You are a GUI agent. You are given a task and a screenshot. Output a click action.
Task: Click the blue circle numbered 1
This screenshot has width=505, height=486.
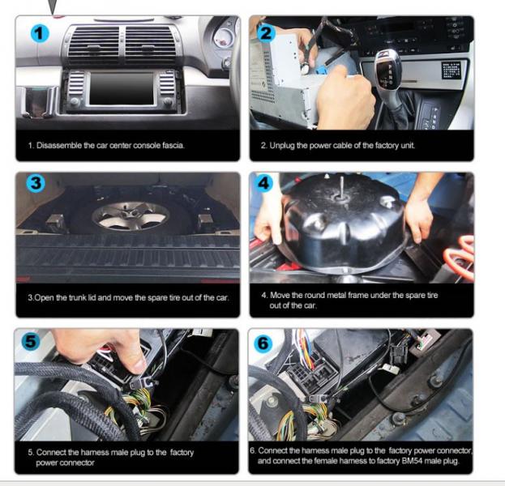(x=40, y=33)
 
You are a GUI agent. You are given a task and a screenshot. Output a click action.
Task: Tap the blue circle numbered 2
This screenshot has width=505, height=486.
(x=266, y=33)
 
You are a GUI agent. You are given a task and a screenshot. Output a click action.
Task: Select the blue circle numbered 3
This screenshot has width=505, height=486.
(x=36, y=183)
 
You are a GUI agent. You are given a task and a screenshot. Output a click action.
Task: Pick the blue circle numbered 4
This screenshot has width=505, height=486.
(x=263, y=183)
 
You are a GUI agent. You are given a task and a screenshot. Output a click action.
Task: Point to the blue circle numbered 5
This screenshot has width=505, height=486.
(x=32, y=341)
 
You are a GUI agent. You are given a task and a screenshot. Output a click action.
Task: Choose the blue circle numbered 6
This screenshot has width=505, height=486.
(x=263, y=343)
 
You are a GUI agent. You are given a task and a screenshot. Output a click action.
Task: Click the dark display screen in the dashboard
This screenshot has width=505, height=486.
(x=122, y=89)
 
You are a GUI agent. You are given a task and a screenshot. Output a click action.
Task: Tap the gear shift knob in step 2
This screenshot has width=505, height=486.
(x=387, y=69)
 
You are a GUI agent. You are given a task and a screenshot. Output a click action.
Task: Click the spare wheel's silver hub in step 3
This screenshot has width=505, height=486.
(x=131, y=215)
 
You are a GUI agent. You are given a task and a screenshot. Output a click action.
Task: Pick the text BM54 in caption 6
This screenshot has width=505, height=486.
(x=412, y=461)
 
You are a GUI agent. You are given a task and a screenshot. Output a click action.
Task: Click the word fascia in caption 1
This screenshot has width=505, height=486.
(x=173, y=145)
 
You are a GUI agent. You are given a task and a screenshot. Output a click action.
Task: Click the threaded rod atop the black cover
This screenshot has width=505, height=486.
(x=341, y=186)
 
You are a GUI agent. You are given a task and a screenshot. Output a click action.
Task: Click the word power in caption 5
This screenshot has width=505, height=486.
(x=48, y=463)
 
